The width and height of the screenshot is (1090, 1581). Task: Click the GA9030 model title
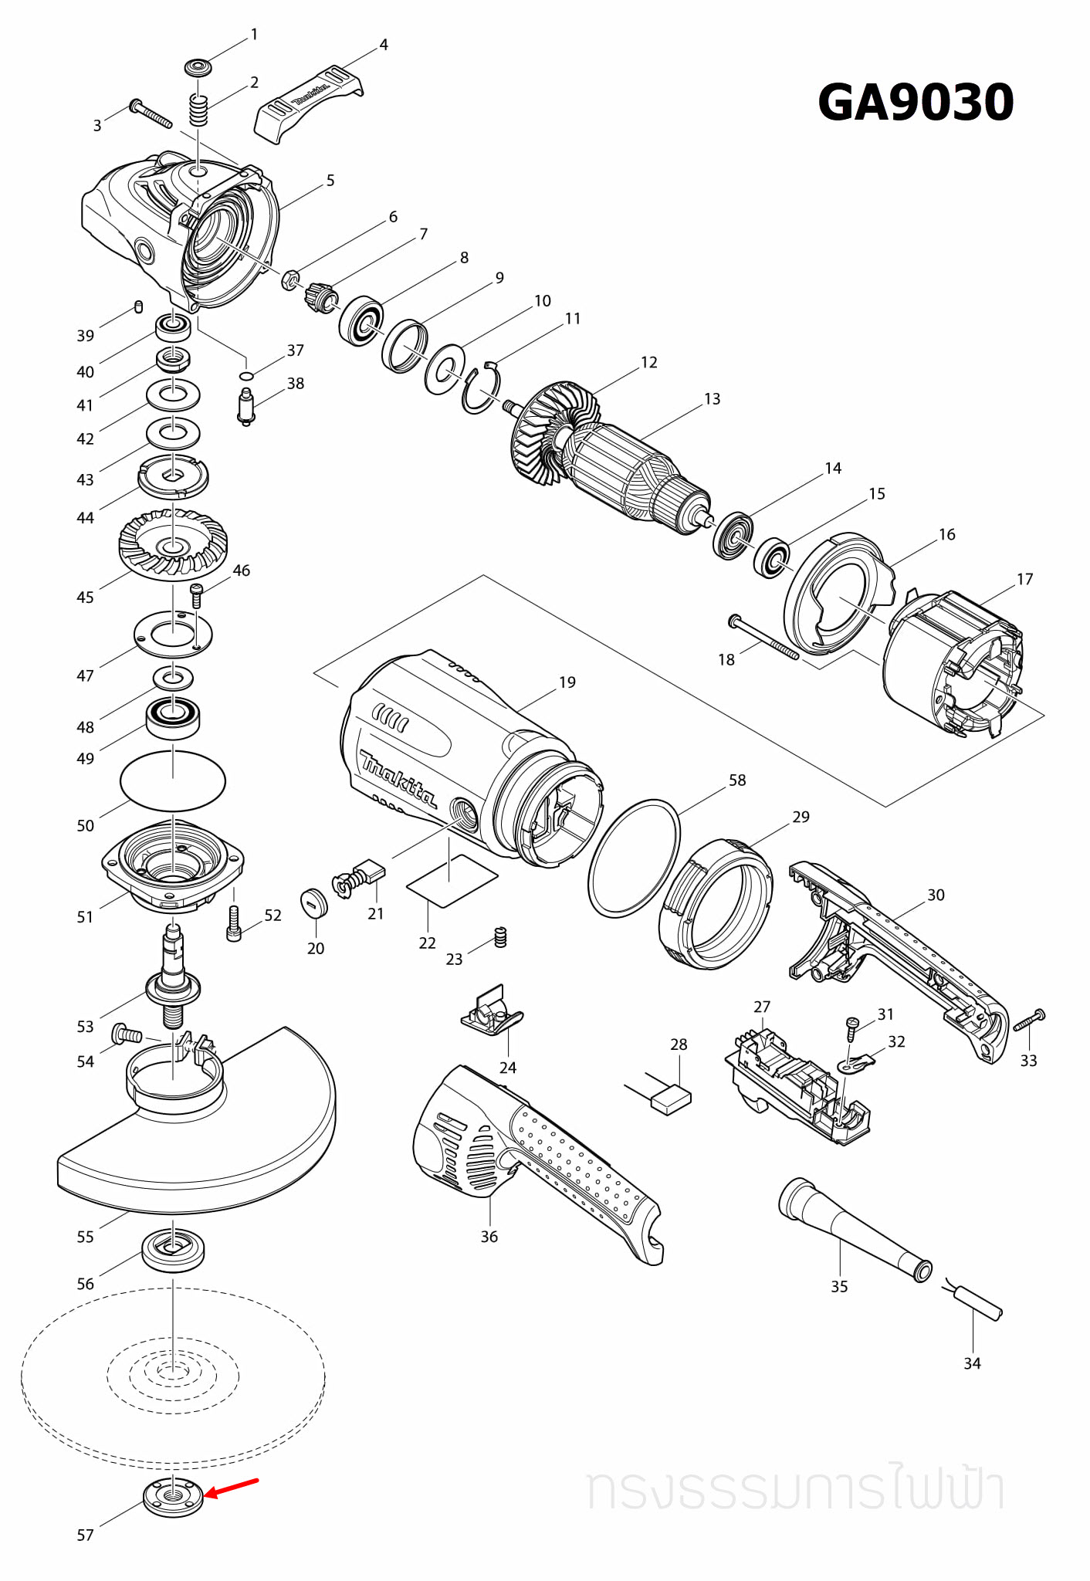916,103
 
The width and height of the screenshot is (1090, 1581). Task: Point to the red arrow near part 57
231,1488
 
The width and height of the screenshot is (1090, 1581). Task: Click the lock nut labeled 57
173,1498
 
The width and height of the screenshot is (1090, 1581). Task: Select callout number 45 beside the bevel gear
85,598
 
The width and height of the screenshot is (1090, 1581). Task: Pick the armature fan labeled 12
550,432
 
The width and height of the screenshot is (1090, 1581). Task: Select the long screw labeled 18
764,638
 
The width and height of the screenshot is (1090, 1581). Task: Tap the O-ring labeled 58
634,858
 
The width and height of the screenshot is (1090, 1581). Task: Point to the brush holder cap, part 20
314,902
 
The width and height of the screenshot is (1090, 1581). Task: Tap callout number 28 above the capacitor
679,1044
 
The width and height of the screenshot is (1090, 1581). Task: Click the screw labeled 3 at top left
151,113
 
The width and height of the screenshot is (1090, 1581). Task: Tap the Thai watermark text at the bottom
795,1489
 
